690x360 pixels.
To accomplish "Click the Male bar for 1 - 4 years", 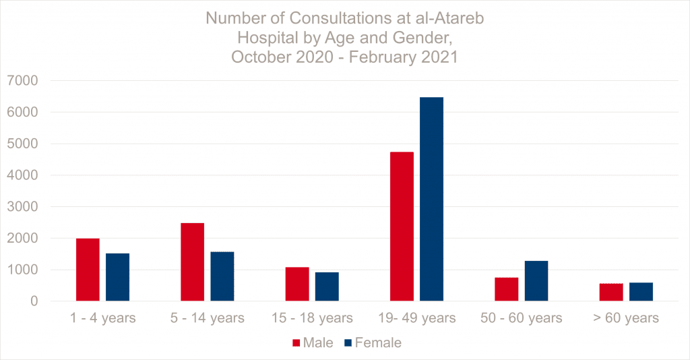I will tap(88, 270).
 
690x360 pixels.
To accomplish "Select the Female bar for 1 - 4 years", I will tap(117, 277).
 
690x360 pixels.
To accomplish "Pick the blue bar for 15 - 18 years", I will tap(327, 287).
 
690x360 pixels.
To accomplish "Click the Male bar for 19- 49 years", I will tap(402, 227).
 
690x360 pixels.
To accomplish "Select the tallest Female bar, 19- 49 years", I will tap(431, 199).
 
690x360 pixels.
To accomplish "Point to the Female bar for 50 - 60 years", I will tap(536, 280).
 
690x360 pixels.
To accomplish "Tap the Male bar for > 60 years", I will tap(611, 292).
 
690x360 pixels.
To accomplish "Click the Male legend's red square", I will tap(296, 343).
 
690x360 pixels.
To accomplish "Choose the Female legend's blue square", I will tap(348, 343).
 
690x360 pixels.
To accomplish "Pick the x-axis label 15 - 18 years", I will tap(312, 318).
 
